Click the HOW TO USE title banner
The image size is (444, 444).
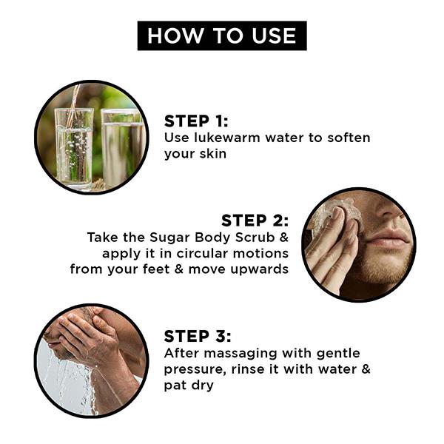click(x=222, y=36)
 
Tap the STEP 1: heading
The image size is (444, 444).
click(x=196, y=121)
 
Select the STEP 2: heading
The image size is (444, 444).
click(x=255, y=221)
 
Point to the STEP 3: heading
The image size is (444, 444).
click(x=197, y=336)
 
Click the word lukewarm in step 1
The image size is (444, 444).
click(x=221, y=138)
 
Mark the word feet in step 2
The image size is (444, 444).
click(x=166, y=269)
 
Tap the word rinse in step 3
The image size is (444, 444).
click(x=242, y=369)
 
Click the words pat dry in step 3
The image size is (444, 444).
click(x=189, y=386)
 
